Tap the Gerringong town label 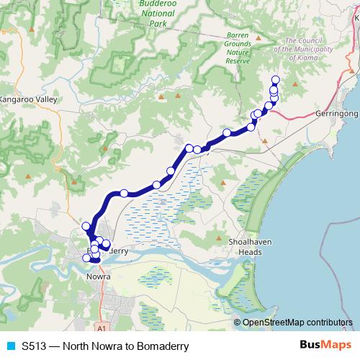tap(337, 114)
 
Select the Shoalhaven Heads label tap(250, 246)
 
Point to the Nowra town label tap(97, 276)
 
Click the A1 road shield tap(102, 328)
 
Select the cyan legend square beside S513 tap(9, 346)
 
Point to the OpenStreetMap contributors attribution tap(297, 323)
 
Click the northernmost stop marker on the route tap(274, 80)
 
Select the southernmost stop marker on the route tap(94, 259)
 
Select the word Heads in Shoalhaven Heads tap(250, 251)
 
